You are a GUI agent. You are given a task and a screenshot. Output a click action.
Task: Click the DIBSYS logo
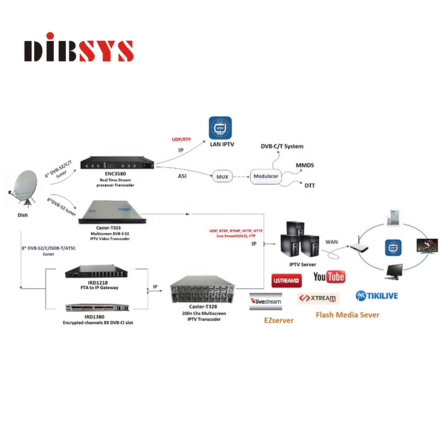pos(79,48)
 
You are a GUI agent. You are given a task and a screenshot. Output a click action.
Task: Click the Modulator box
pos(267,177)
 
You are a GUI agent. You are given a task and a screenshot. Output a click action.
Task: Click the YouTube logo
pos(329,276)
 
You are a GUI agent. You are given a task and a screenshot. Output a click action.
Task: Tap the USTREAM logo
pos(286,281)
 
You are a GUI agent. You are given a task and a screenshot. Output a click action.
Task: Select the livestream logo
pos(266,301)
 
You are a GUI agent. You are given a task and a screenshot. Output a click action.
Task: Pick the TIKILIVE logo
pos(376,295)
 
